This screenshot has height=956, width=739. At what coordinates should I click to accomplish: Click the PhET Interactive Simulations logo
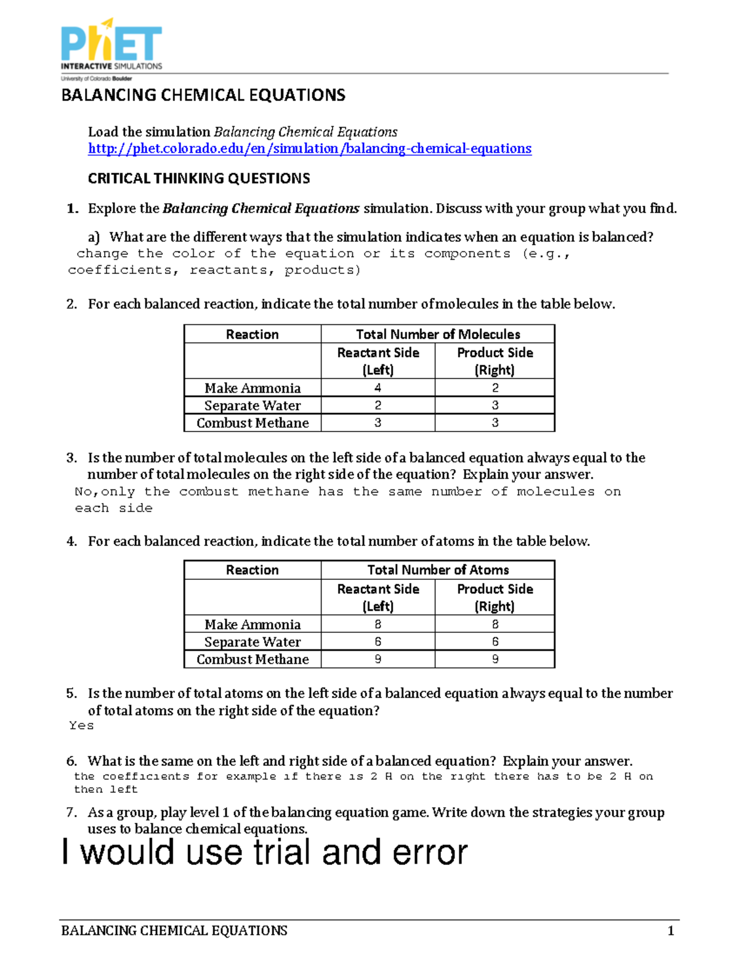[x=111, y=49]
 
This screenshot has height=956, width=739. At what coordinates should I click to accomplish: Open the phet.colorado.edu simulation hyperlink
[x=309, y=148]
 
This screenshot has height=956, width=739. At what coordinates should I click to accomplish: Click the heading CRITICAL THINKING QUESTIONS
[x=199, y=179]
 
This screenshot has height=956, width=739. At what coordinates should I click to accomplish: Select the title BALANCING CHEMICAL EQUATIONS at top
[x=203, y=95]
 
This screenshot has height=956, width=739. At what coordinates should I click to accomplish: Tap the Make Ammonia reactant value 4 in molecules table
[x=378, y=388]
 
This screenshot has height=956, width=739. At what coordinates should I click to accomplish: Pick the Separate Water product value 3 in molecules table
[x=495, y=405]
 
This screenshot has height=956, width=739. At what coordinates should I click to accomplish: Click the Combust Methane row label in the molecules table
[x=252, y=423]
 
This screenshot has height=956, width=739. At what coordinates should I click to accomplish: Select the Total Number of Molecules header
[x=438, y=334]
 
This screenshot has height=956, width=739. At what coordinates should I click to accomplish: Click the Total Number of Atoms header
[x=438, y=570]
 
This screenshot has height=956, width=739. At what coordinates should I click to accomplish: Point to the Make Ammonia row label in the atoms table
[x=252, y=624]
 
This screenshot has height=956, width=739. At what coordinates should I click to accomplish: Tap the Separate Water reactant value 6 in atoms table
[x=378, y=641]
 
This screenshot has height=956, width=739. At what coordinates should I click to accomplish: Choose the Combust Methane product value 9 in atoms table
[x=495, y=659]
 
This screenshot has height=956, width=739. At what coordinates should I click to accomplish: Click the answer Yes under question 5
[x=81, y=726]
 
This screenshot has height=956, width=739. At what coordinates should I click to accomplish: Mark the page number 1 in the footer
[x=671, y=931]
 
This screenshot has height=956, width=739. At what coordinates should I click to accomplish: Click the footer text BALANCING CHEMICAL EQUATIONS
[x=174, y=931]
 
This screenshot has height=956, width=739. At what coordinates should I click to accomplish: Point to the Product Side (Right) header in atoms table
[x=495, y=597]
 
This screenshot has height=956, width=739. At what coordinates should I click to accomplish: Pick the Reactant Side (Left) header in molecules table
[x=378, y=361]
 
